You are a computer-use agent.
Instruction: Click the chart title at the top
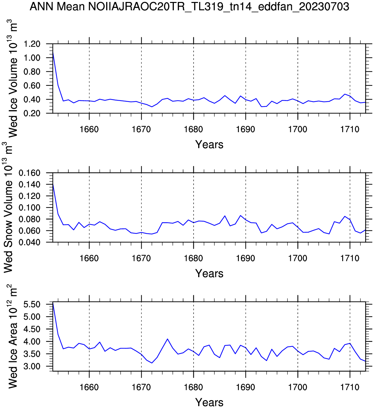coord(189,7)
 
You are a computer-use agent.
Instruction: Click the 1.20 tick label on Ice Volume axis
coord(32,44)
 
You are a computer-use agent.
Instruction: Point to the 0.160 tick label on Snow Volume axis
coord(30,173)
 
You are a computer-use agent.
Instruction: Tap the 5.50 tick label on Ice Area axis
coord(32,304)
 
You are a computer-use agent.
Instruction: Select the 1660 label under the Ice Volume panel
coord(89,129)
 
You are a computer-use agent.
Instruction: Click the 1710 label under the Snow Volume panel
coord(350,258)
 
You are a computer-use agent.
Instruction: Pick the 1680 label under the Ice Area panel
coord(193,387)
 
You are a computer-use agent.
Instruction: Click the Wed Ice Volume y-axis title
coord(12,79)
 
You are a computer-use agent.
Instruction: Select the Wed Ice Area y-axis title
coord(12,337)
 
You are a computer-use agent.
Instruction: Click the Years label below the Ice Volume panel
coord(209,145)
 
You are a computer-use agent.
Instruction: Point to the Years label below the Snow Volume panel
coord(209,274)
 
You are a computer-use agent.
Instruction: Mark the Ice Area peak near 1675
coord(167,339)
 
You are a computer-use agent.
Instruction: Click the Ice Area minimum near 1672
coord(152,363)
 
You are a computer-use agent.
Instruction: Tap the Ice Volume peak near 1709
coord(345,94)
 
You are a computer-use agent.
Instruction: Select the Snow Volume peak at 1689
coord(240,215)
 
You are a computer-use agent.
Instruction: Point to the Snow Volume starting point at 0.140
coord(53,184)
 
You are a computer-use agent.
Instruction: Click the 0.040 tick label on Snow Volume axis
coord(30,242)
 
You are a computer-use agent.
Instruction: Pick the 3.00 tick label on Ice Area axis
coord(32,366)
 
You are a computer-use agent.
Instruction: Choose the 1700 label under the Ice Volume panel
coord(298,129)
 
